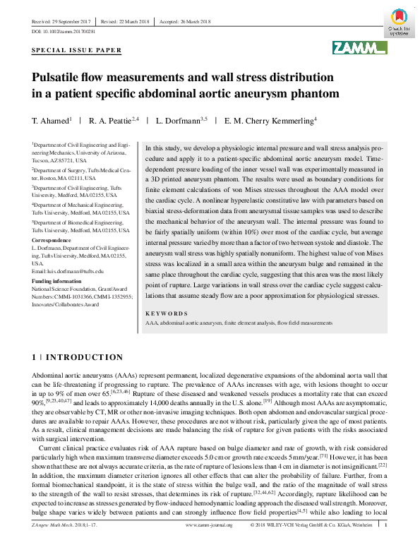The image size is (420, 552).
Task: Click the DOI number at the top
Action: [x=66, y=32]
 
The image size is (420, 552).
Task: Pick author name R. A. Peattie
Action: [x=113, y=121]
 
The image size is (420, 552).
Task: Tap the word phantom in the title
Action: [x=315, y=92]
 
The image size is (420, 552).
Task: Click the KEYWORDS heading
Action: [x=167, y=313]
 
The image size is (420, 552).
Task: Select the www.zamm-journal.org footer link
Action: [x=209, y=544]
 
